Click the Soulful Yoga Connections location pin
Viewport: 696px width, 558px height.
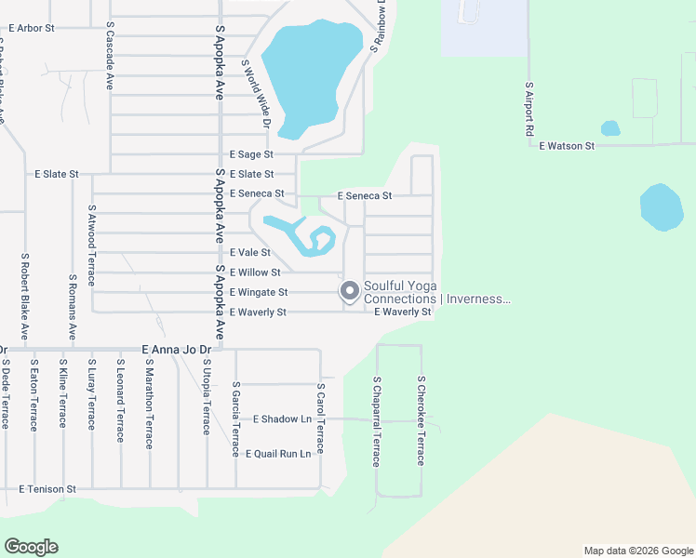[350, 291]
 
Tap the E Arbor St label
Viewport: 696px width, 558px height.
[32, 28]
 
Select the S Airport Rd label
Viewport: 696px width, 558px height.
[529, 110]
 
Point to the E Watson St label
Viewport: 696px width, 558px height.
[566, 146]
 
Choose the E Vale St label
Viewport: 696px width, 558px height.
[249, 252]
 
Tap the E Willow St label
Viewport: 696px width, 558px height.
[255, 272]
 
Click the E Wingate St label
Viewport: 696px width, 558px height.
[259, 292]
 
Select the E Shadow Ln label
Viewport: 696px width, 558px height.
[282, 419]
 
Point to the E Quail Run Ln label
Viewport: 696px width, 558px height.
[278, 454]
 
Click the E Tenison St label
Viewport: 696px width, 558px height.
[48, 488]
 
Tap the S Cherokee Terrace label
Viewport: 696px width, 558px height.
[421, 421]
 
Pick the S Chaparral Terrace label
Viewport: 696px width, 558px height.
[377, 421]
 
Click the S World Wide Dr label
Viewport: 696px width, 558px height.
[255, 94]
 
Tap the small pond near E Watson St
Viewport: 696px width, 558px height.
[610, 128]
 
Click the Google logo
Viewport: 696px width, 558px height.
[31, 547]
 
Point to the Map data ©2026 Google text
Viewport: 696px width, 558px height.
[637, 551]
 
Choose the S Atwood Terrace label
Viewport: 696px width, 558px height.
[91, 233]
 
